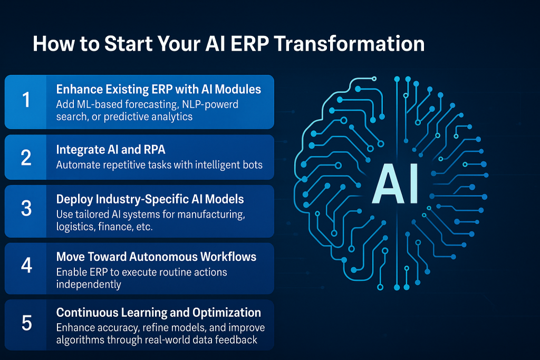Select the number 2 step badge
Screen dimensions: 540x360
25,157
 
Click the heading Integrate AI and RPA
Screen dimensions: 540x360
111,150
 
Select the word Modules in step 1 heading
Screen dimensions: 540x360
238,89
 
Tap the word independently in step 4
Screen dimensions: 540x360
89,285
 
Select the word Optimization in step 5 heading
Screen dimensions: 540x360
227,313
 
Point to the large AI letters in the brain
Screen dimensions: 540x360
396,183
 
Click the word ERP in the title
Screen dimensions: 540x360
249,44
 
